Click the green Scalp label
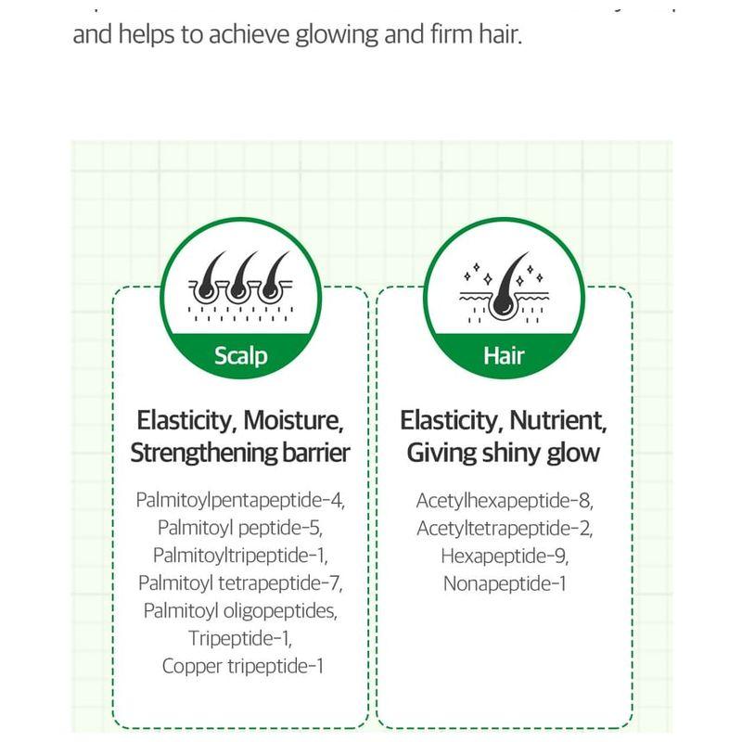click(x=240, y=355)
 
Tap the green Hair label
click(x=504, y=355)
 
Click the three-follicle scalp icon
click(x=240, y=284)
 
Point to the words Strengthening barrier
click(x=240, y=454)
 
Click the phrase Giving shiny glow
click(x=504, y=454)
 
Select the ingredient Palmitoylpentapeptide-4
click(x=240, y=501)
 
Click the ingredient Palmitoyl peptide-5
click(x=240, y=529)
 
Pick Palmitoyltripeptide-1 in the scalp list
click(x=240, y=556)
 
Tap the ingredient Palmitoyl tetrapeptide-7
click(x=240, y=583)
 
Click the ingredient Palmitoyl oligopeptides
click(x=240, y=611)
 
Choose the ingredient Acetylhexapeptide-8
click(x=504, y=501)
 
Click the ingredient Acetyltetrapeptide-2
click(x=504, y=529)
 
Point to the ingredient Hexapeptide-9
click(x=504, y=556)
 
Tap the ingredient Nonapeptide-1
click(x=504, y=583)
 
